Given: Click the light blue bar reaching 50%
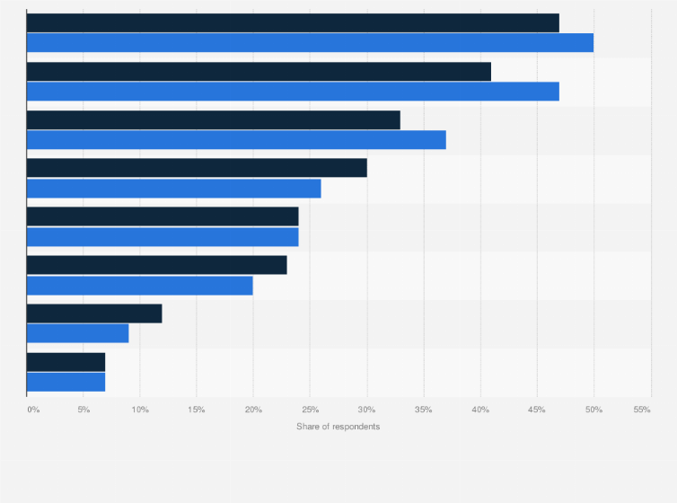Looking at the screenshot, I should click(310, 43).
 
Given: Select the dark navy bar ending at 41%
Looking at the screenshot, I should click(259, 72).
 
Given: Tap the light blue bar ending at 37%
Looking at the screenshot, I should click(236, 140).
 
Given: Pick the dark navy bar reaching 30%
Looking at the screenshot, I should click(197, 168).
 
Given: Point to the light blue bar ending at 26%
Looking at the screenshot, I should click(173, 189).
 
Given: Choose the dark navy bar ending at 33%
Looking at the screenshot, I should click(214, 119).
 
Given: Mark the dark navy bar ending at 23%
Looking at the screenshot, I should click(157, 265).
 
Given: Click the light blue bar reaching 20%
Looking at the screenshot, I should click(140, 286).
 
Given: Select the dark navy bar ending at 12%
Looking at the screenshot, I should click(94, 313).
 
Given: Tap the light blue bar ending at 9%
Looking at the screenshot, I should click(78, 333).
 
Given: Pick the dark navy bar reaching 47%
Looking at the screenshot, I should click(293, 23).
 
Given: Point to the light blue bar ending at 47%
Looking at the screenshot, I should click(293, 92).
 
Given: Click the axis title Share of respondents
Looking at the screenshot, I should click(338, 427).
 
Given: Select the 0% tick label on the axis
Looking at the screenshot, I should click(33, 410).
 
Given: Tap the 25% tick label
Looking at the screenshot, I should click(310, 410).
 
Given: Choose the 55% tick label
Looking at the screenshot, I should click(641, 410).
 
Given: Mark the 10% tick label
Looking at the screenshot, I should click(140, 410).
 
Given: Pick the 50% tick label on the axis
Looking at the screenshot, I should click(593, 410).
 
